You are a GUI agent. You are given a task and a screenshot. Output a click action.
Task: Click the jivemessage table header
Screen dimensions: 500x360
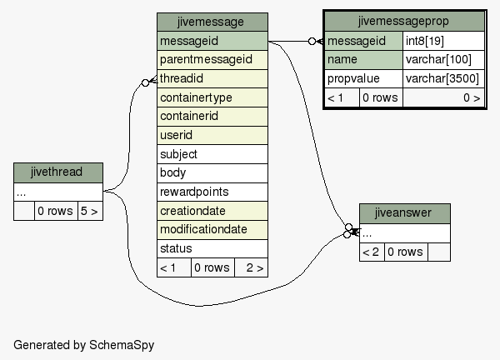(x=212, y=22)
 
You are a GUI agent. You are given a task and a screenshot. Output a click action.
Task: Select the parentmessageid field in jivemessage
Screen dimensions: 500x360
(x=212, y=60)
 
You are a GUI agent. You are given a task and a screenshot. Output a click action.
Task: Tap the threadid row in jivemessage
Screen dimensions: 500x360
(x=212, y=78)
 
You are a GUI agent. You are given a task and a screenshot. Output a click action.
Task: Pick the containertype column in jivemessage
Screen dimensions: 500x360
(x=212, y=97)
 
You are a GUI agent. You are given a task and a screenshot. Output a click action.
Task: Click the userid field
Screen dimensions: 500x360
(x=212, y=135)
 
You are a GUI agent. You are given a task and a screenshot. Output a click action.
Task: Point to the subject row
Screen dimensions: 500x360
(x=212, y=154)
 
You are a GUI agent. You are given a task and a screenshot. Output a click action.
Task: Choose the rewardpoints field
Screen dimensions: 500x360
(x=212, y=192)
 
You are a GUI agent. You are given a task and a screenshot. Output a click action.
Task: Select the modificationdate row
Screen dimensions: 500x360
(x=212, y=230)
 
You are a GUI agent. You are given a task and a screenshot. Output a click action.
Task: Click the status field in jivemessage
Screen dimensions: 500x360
(x=212, y=248)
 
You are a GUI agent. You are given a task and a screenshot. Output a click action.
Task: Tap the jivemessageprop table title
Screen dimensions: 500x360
(x=404, y=22)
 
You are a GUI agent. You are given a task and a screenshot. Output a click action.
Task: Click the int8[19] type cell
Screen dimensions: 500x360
(x=443, y=41)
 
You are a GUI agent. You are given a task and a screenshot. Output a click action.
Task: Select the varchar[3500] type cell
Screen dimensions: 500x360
(x=443, y=78)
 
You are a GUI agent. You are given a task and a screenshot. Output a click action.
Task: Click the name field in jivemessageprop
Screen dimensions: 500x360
(x=363, y=60)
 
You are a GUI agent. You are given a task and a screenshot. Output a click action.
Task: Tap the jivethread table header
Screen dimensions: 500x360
(x=58, y=172)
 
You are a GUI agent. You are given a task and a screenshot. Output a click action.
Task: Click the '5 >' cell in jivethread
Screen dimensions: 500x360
(x=90, y=211)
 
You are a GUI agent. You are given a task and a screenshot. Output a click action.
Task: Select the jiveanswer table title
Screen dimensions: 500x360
(x=405, y=213)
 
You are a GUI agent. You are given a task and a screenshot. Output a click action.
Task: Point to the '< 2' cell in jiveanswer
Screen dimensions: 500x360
(x=372, y=252)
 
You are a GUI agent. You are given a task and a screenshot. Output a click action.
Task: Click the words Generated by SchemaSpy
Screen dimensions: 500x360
(x=84, y=345)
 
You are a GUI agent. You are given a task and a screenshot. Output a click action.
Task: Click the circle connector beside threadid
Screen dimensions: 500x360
(x=145, y=82)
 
